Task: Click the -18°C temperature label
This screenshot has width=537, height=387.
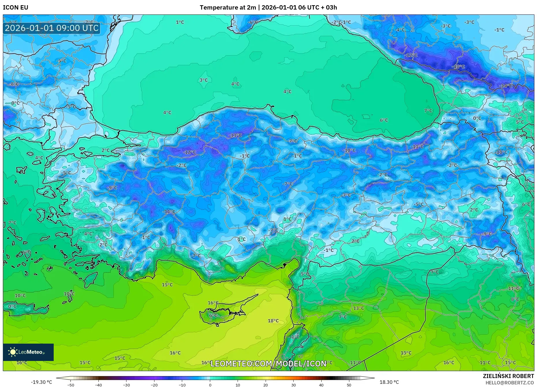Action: point(458,67)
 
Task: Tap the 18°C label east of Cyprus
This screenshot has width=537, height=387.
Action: point(273,321)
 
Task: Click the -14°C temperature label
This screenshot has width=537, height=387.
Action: point(506,86)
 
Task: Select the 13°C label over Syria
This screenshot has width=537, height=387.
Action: point(359,308)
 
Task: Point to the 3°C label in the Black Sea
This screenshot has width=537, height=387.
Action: point(204,80)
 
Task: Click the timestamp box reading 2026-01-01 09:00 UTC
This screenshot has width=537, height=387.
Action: point(52,28)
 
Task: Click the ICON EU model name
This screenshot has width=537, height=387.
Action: point(16,8)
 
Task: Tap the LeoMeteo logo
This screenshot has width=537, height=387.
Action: point(28,352)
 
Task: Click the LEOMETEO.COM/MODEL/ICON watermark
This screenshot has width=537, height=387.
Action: point(268,364)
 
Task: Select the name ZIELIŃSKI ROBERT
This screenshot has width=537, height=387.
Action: point(508,376)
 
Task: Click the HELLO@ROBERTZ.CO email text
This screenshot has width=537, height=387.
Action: point(510,383)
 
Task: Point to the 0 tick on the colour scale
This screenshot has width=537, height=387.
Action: point(210,385)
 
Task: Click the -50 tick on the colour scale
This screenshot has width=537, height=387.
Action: point(71,385)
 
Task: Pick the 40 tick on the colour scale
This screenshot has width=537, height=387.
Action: point(321,385)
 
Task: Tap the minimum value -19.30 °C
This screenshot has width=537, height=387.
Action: point(42,382)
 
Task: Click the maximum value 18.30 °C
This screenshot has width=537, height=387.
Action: point(389,382)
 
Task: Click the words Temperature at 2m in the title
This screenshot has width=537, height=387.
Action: point(228,8)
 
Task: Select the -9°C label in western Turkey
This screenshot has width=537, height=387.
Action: point(112,188)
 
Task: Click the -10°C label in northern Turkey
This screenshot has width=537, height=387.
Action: point(349,150)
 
